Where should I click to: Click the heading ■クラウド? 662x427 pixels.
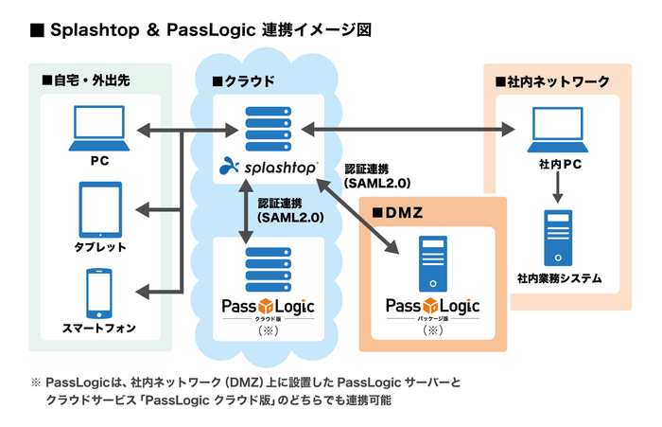[243, 82]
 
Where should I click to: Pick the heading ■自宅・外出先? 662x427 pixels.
[85, 82]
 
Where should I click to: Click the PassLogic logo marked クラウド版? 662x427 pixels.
[268, 307]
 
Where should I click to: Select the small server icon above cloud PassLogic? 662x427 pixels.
[268, 260]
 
